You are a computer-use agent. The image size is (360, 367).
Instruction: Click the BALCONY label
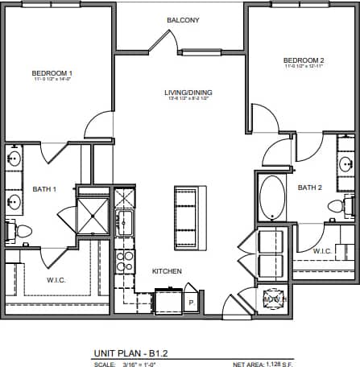coord(182,19)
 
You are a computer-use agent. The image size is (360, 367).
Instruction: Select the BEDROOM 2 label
coord(303,60)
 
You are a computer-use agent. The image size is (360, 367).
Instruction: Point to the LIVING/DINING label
coord(190,93)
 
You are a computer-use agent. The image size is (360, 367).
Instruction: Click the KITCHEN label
coord(167,271)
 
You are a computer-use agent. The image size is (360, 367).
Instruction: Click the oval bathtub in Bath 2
coord(271,198)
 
